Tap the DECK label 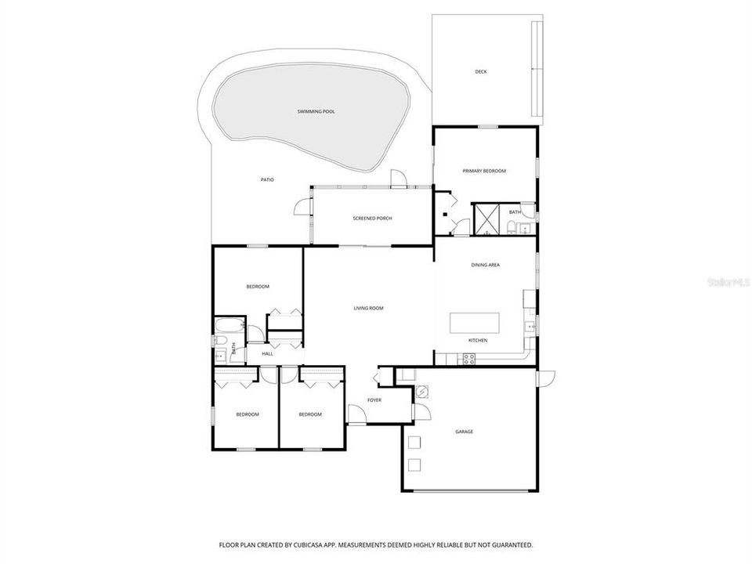pos(481,72)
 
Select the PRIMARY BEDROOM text pos(484,171)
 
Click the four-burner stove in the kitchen pos(469,359)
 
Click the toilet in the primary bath pos(511,228)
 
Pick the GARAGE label pos(464,432)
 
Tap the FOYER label pos(374,400)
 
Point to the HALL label pos(268,354)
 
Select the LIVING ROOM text pos(368,308)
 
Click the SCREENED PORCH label pos(373,218)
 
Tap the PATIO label pos(267,180)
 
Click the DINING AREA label pos(486,265)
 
